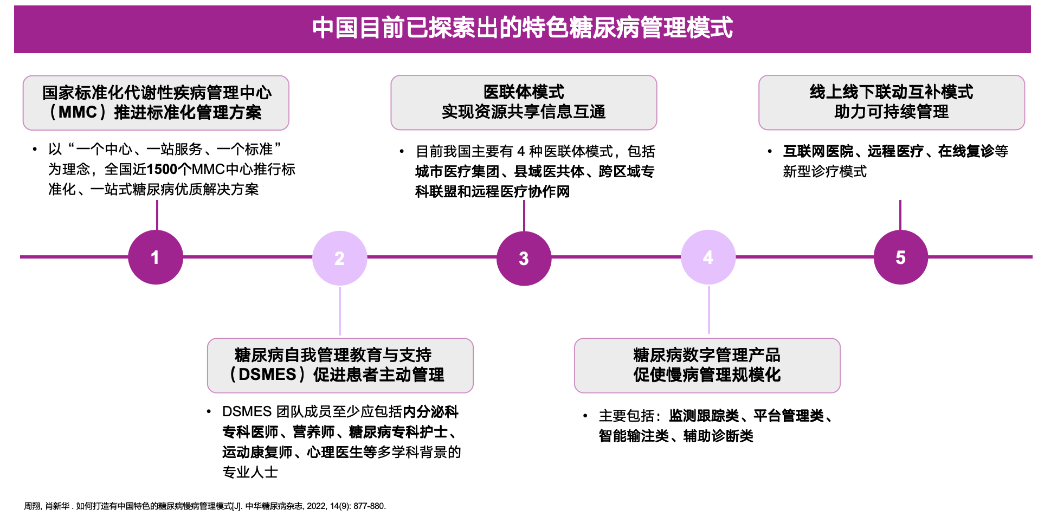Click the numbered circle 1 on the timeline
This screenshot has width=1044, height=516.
pyautogui.click(x=156, y=257)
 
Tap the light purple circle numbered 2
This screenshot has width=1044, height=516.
pyautogui.click(x=340, y=258)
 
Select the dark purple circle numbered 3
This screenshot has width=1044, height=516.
pyautogui.click(x=524, y=259)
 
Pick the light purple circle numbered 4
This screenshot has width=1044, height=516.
pyautogui.click(x=708, y=257)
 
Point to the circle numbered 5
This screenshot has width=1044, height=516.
pyautogui.click(x=900, y=257)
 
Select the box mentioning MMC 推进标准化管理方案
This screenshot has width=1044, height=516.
pyautogui.click(x=156, y=102)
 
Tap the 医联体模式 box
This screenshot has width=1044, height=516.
pyautogui.click(x=524, y=102)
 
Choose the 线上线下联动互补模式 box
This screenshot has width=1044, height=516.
pyautogui.click(x=891, y=102)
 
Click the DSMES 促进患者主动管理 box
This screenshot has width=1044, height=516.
pyautogui.click(x=340, y=365)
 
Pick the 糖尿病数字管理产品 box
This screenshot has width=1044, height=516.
pyautogui.click(x=707, y=365)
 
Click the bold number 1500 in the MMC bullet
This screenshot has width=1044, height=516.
pyautogui.click(x=162, y=170)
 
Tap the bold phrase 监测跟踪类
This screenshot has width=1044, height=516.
pyautogui.click(x=704, y=416)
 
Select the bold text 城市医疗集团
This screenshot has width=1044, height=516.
pyautogui.click(x=457, y=172)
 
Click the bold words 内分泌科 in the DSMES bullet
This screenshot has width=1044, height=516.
pyautogui.click(x=430, y=412)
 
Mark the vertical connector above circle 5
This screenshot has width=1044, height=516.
pyautogui.click(x=900, y=215)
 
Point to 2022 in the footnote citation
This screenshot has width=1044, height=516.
pyautogui.click(x=316, y=506)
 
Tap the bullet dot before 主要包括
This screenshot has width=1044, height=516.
pyautogui.click(x=585, y=416)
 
